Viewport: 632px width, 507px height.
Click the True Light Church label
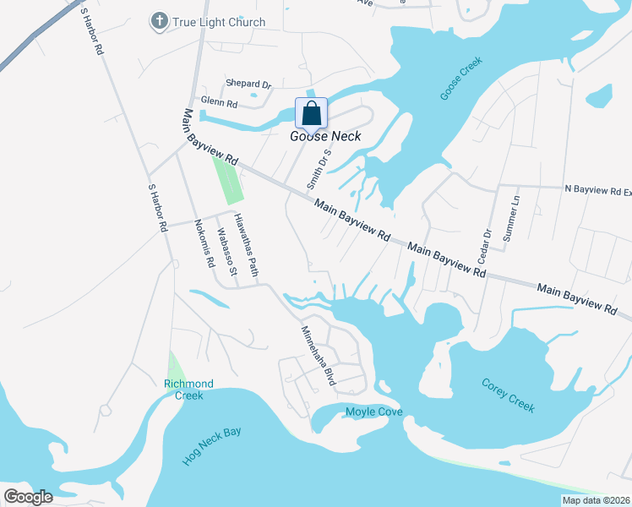(219, 22)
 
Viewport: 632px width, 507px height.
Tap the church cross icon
(158, 20)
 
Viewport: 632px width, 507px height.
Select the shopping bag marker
(311, 113)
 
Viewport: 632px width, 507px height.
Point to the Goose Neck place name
(325, 136)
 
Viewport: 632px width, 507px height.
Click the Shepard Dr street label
(248, 84)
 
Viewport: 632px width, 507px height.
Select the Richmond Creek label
(188, 390)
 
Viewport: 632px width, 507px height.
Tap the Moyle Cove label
(374, 412)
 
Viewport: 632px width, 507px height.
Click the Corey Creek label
(509, 395)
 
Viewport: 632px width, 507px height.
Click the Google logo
(28, 496)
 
